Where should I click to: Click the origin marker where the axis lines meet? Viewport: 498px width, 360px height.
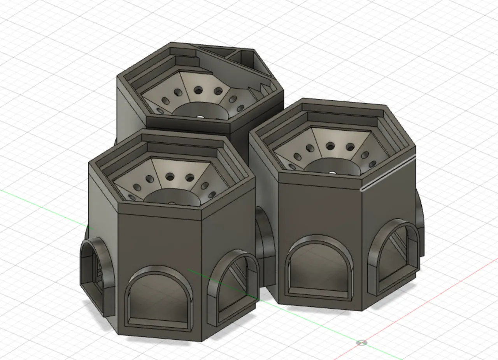coord(362,343)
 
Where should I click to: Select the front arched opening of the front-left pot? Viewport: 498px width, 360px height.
coord(159,299)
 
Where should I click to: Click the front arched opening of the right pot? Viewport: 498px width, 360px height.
coord(319,268)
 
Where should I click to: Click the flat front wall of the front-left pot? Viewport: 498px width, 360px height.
coord(160,241)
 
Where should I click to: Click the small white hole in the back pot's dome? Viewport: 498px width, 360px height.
coord(200,116)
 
